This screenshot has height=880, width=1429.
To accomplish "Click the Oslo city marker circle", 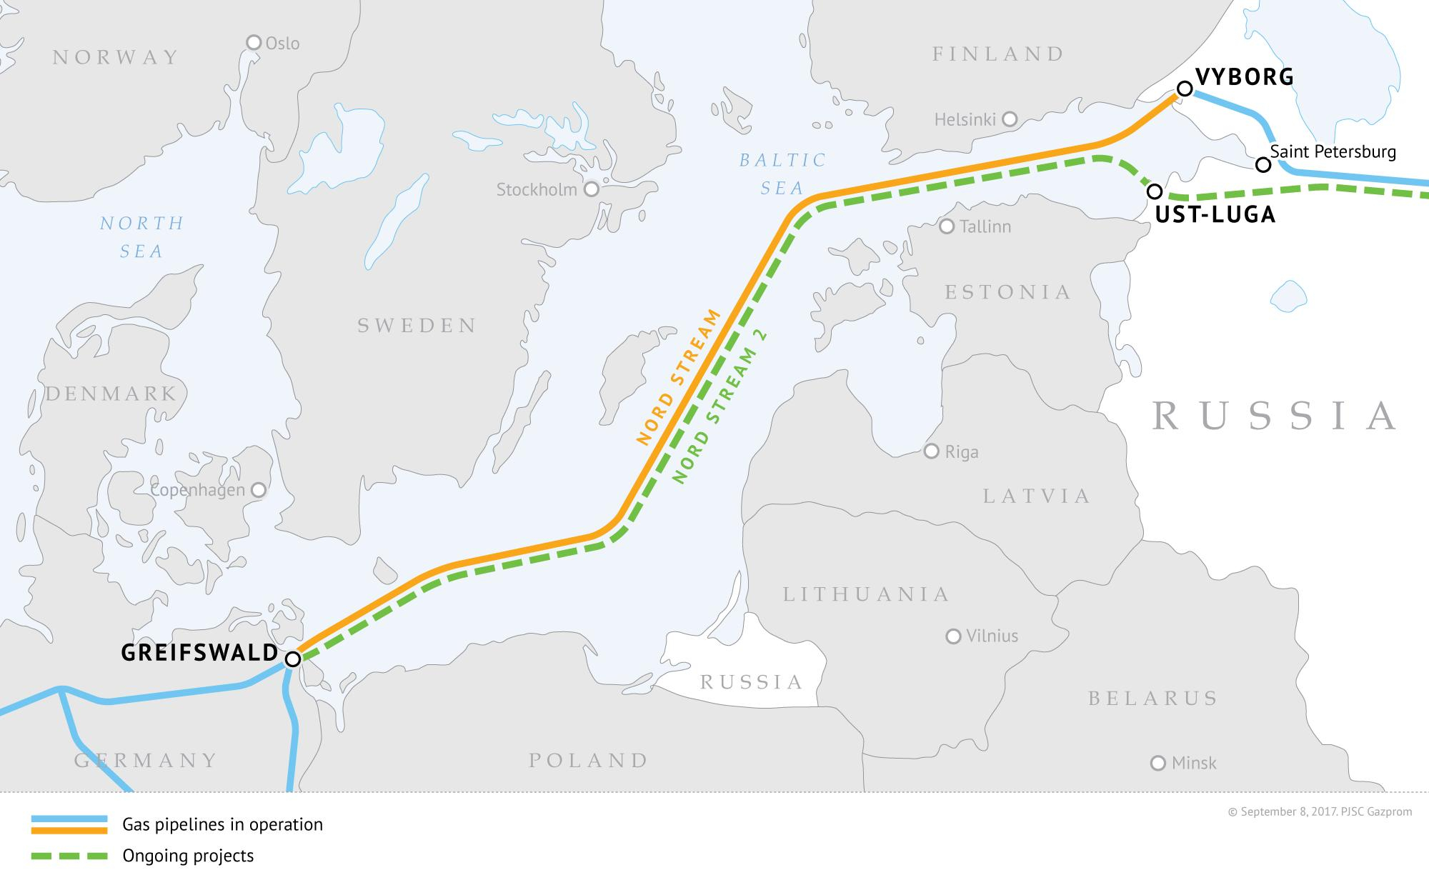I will [x=253, y=43].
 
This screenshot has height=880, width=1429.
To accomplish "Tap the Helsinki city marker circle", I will [x=1010, y=119].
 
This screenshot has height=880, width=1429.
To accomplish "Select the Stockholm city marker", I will [x=591, y=189].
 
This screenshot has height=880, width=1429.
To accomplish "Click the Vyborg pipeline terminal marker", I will [x=1184, y=89].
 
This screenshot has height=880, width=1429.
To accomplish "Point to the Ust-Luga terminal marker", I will [x=1154, y=191].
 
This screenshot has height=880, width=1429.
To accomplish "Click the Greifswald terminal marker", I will [x=293, y=659].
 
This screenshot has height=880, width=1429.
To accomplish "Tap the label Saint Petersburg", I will [x=1333, y=151].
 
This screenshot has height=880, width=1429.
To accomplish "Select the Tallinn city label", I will [x=985, y=226].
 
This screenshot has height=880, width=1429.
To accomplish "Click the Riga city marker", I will [x=931, y=451].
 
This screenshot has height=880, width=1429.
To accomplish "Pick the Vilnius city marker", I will [x=953, y=636].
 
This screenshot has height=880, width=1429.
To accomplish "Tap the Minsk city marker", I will [x=1158, y=764].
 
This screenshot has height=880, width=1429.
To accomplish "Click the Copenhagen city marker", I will [x=259, y=490].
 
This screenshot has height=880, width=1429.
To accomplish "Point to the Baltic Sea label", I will [x=782, y=174].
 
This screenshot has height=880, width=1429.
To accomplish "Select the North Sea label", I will [x=141, y=237].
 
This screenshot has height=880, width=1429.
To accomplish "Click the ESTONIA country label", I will [x=1008, y=291].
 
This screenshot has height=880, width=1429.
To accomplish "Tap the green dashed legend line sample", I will [x=69, y=855].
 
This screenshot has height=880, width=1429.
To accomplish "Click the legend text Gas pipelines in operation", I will [x=222, y=824].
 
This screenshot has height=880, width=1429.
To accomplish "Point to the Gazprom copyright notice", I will [x=1319, y=811].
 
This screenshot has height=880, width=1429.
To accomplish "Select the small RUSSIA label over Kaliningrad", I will [x=752, y=681].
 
